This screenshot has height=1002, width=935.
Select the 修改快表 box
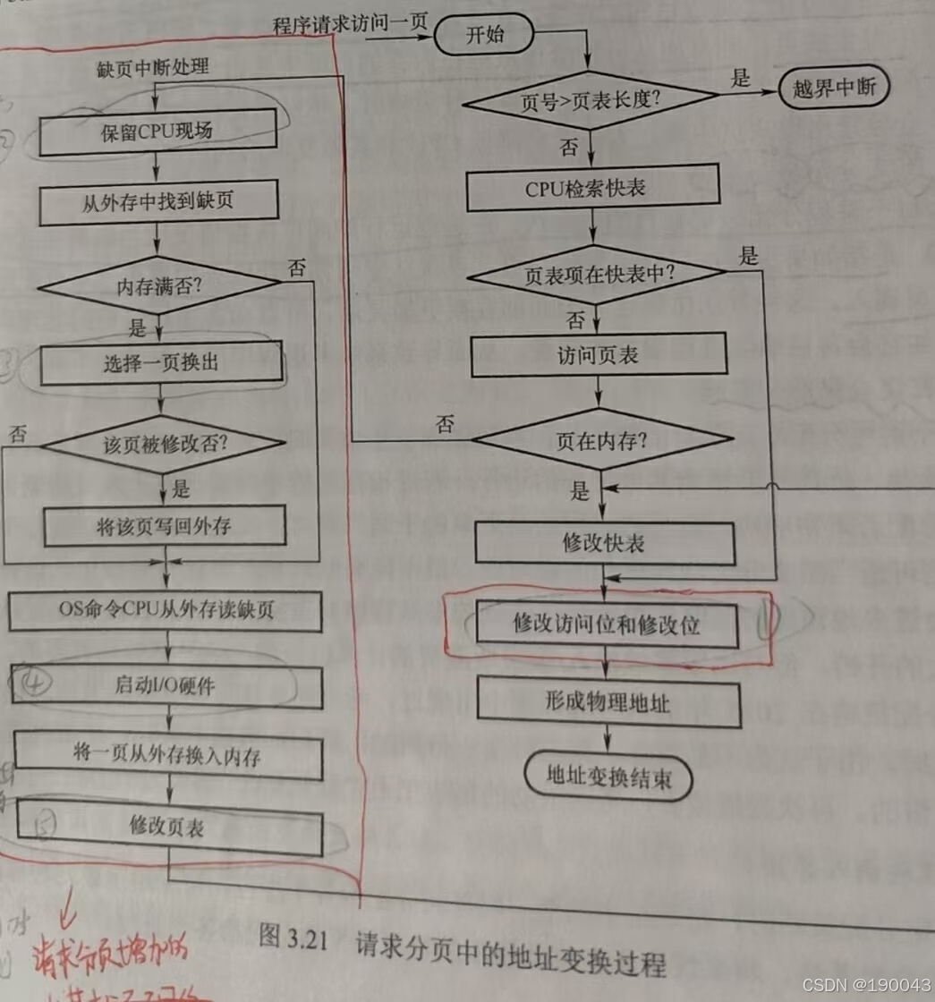click(x=603, y=544)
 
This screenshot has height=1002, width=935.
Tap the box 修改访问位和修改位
click(x=606, y=624)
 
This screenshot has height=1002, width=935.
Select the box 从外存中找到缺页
click(x=157, y=201)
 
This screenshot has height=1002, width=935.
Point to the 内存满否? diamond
click(x=158, y=286)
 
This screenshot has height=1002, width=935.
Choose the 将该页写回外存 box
click(x=164, y=525)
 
